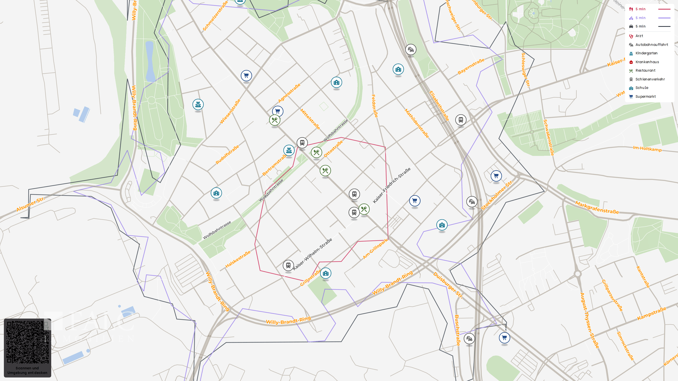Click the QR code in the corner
pos(28,342)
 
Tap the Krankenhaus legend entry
pos(647,62)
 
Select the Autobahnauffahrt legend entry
pos(652,45)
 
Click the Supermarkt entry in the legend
pos(646,97)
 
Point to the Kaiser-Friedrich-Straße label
pos(392,186)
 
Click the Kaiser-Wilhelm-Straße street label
pos(312,254)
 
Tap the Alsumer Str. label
pos(30,204)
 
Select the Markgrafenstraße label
pos(597,207)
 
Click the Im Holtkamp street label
pos(647,149)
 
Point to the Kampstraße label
pos(652,314)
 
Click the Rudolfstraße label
pos(227,155)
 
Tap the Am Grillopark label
pos(375,249)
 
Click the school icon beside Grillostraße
pos(326,273)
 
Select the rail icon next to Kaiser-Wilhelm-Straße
pos(288,265)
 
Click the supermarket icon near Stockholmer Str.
pos(496,176)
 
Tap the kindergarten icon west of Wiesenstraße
pos(198,104)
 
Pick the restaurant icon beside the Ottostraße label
pos(316,152)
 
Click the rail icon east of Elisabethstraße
pos(461,120)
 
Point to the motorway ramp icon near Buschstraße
pos(469,339)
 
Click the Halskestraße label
pos(238,259)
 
